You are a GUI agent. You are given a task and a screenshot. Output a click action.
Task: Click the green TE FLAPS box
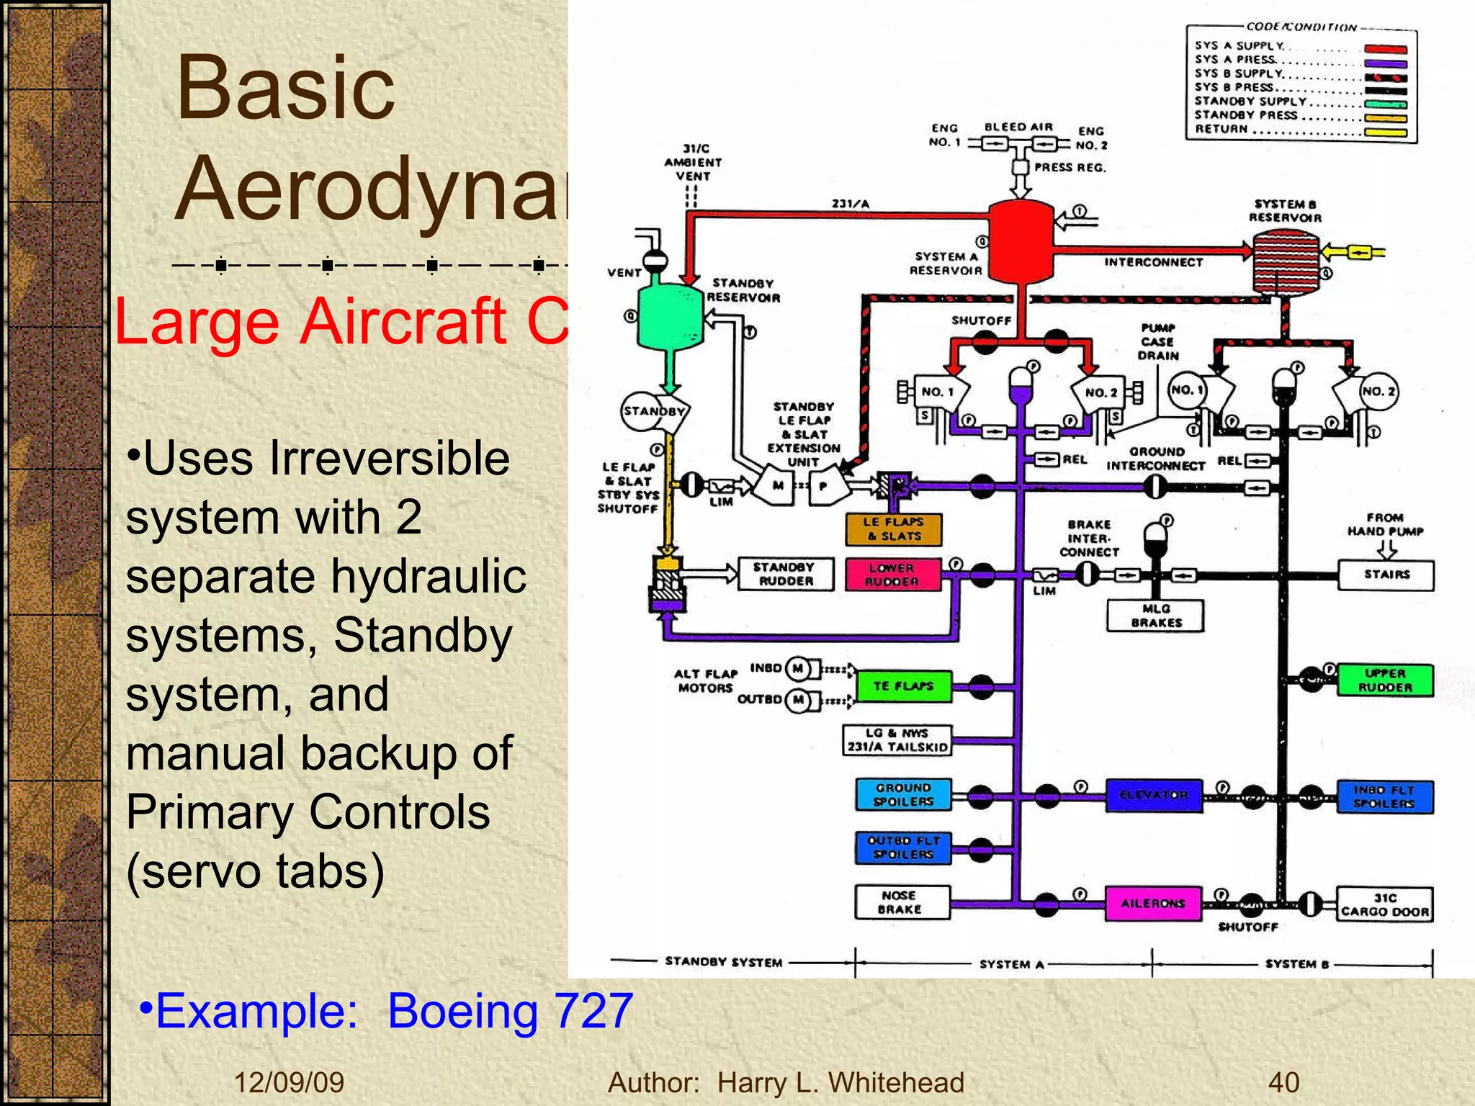[903, 686]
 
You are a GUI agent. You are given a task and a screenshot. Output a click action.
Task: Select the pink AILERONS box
[1153, 903]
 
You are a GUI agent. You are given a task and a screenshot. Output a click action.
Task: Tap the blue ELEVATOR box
[1154, 795]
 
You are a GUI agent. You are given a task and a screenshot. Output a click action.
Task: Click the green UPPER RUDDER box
[1385, 680]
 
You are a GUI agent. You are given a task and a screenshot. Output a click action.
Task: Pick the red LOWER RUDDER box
[892, 575]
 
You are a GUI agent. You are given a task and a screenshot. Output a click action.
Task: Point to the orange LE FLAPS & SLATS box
[893, 529]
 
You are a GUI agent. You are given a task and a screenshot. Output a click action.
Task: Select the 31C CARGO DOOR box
[1384, 904]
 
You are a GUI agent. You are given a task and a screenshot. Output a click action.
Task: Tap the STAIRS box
[1386, 575]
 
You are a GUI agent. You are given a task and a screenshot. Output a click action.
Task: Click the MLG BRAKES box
[1155, 616]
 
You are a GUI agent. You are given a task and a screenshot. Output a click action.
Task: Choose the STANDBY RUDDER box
[786, 574]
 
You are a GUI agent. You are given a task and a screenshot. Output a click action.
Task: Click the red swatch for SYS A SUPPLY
[1385, 50]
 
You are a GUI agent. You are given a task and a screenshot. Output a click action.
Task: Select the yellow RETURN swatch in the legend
[1385, 132]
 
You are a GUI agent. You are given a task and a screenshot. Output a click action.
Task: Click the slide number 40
[1283, 1082]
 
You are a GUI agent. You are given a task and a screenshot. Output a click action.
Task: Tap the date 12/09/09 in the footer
[289, 1082]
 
